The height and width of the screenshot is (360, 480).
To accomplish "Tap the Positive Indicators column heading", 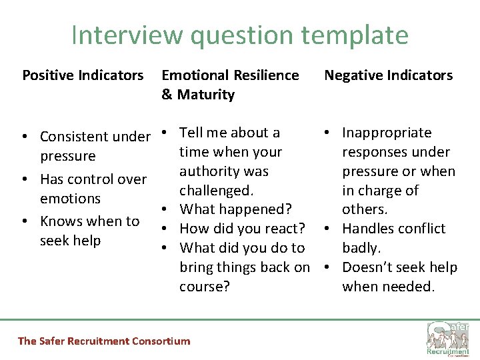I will pos(83,75).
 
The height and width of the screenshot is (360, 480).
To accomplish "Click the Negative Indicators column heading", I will pos(388,75).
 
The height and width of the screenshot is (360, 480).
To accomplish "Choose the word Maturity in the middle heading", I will pos(206,95).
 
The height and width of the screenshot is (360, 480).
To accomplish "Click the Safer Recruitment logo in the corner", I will pos(448,339).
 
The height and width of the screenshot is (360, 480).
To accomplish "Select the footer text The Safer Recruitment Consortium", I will pos(103,341).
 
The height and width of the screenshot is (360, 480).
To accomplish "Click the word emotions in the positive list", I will pos(70,199).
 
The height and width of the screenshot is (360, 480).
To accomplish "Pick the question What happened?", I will pos(236,209).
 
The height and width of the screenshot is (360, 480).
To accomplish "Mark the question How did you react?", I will pos(243,229).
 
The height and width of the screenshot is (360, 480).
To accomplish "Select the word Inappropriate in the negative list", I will pos(387,133).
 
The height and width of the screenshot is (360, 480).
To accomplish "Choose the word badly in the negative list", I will pos(361,248).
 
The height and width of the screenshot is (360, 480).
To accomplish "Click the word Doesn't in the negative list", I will pos(366,267).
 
